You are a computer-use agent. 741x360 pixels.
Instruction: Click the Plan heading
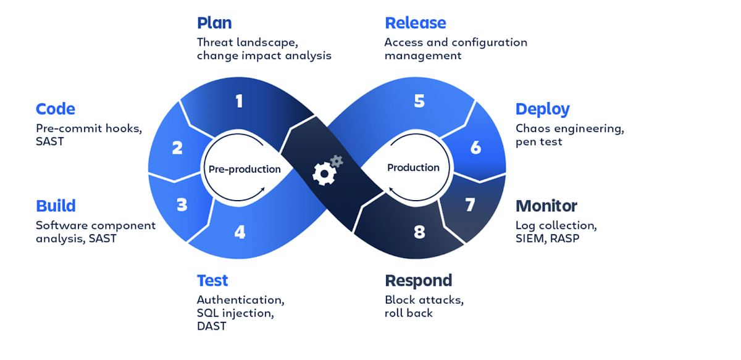pos(214,23)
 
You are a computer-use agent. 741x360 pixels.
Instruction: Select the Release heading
pos(415,23)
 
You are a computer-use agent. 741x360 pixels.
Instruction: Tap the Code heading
pos(56,109)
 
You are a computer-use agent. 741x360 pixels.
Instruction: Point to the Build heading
pos(56,206)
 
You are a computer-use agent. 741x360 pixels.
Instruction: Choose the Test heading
pos(212,280)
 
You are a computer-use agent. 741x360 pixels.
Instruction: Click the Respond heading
pos(418,280)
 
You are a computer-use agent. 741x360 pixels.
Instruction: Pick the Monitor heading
pos(546,206)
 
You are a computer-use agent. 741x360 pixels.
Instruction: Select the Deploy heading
pos(542,109)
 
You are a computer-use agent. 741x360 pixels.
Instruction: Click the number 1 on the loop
pos(239,101)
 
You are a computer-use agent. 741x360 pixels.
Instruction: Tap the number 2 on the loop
pos(177,148)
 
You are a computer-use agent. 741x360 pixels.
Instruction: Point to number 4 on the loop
pos(240,232)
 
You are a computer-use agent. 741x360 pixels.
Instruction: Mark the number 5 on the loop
pos(419,101)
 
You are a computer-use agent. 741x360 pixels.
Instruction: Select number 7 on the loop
pos(470,205)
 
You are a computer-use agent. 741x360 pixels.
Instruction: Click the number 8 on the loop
pos(419,232)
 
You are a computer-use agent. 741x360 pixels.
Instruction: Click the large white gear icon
pos(323,174)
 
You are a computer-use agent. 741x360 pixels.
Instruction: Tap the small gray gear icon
pos(337,161)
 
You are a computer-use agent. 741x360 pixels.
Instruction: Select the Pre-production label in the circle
pos(245,169)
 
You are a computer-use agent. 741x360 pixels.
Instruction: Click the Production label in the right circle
pos(413,167)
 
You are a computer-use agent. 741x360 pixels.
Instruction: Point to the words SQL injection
pos(235,313)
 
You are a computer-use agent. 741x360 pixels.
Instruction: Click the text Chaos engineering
pos(569,128)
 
